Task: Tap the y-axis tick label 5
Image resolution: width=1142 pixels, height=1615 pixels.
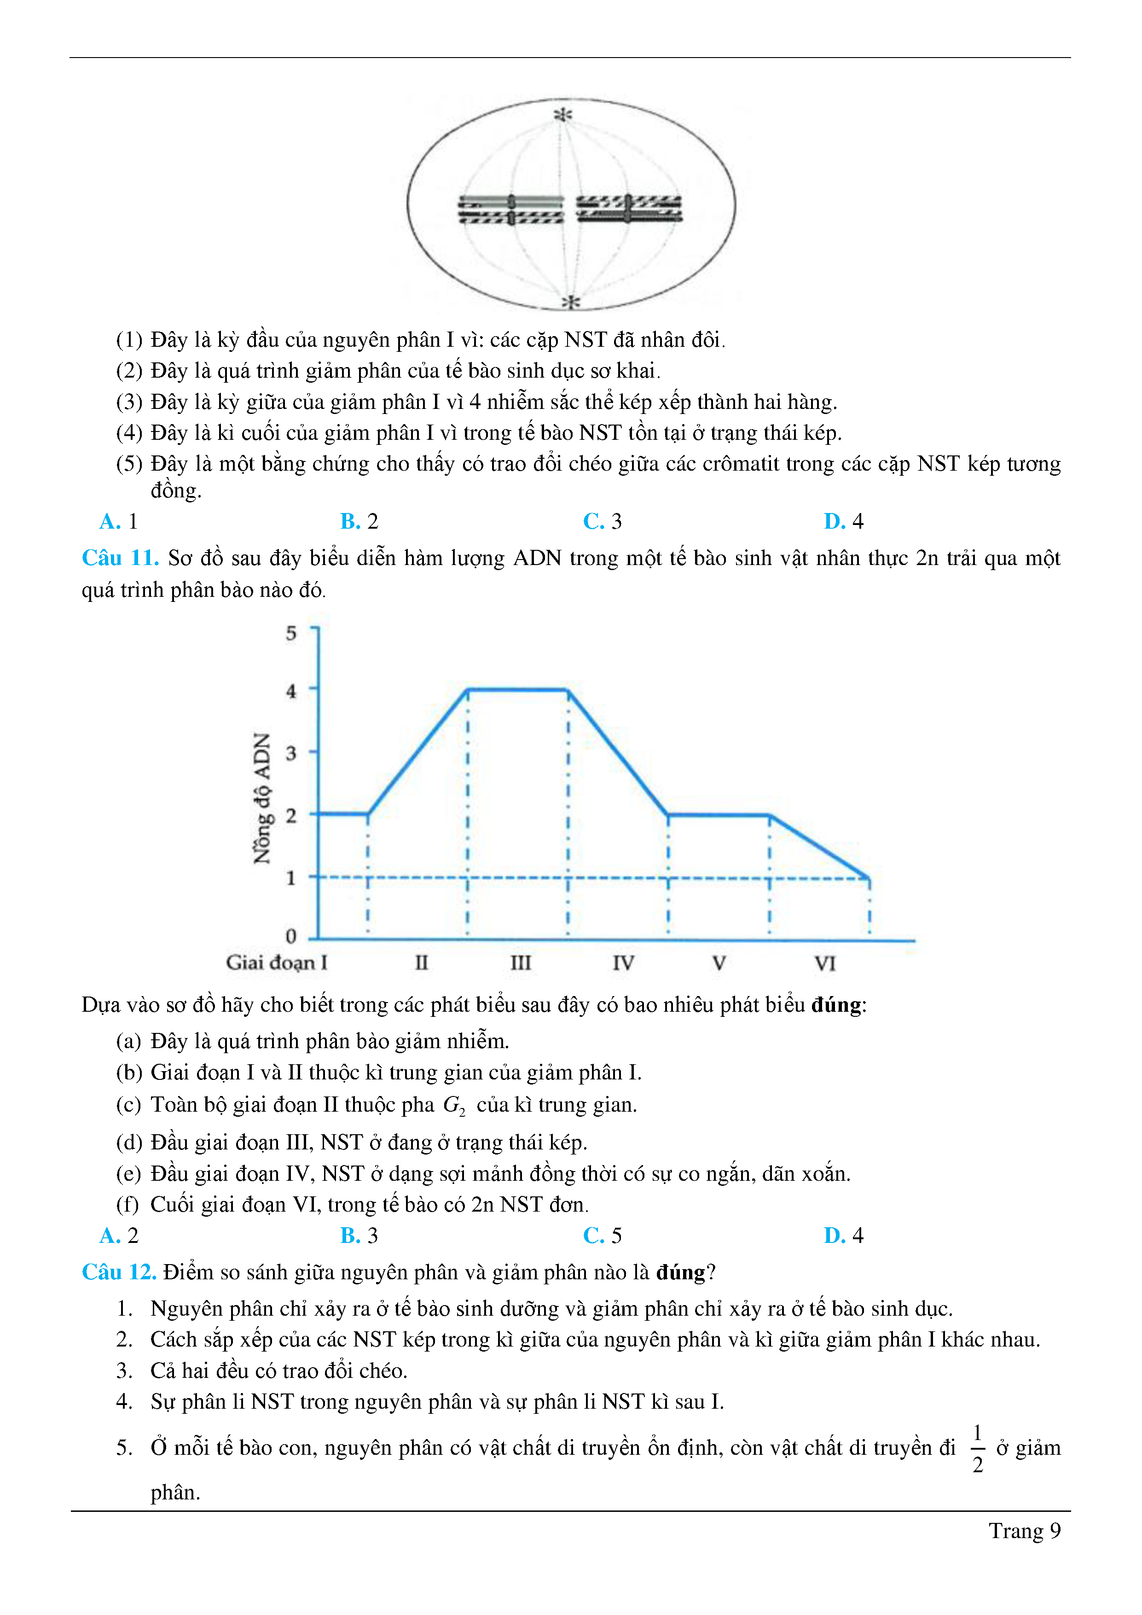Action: [x=291, y=633]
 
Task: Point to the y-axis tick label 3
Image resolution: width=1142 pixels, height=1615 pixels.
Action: [x=291, y=753]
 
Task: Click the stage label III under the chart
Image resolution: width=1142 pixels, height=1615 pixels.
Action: [x=521, y=963]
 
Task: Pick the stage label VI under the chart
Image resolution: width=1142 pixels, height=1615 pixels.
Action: [x=825, y=963]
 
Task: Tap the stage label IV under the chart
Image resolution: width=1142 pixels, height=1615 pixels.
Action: [x=623, y=963]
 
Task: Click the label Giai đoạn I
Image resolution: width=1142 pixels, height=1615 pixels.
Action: [x=276, y=962]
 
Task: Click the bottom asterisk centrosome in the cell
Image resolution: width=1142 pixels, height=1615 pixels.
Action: [x=571, y=303]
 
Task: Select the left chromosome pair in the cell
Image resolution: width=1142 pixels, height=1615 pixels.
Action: [x=511, y=210]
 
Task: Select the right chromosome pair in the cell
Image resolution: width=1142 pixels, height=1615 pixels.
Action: [x=629, y=209]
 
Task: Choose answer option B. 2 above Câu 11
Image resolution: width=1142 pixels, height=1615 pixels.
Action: [x=359, y=521]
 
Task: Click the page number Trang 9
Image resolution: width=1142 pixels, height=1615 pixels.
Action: [x=1025, y=1531]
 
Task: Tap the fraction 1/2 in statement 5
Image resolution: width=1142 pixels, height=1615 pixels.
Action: [x=978, y=1448]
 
